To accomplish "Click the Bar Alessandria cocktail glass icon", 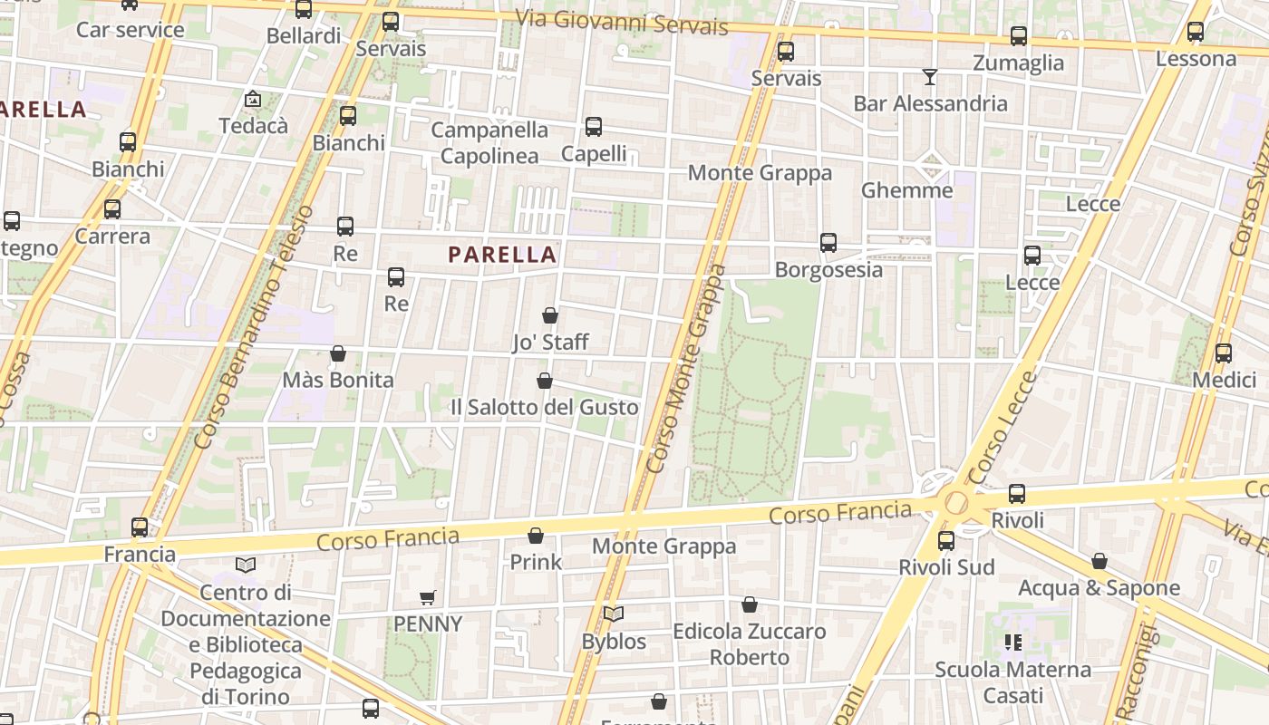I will tap(930, 77).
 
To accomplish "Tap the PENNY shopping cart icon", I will tap(428, 598).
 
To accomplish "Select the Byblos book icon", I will tap(614, 614).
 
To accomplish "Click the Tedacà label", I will tap(254, 126).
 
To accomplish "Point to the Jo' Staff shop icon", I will tap(549, 315).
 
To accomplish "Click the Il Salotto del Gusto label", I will tap(544, 408).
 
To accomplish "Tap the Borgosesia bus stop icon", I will tap(828, 243).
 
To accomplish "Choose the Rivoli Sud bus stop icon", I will tap(946, 541).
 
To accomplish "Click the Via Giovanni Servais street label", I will tap(621, 22).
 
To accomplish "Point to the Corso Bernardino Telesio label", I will tap(255, 326).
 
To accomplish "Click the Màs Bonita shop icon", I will tap(338, 353).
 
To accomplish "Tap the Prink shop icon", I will tap(536, 536).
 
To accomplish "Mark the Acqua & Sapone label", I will tap(1099, 588).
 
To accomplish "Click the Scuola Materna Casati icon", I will tap(1012, 643).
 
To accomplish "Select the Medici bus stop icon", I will tap(1223, 353).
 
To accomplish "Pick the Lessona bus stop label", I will tap(1196, 59).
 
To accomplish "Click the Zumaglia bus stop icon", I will tap(1019, 36).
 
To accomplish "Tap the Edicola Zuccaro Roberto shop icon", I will tap(750, 604).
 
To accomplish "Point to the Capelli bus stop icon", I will tap(594, 127).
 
